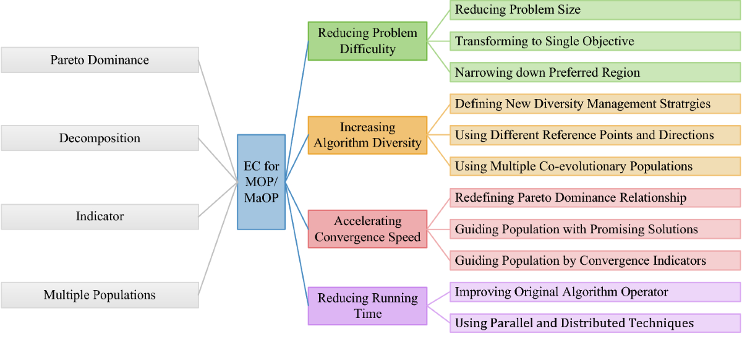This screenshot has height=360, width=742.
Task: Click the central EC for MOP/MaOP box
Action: point(261,182)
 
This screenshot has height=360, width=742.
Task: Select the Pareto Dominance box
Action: point(100,60)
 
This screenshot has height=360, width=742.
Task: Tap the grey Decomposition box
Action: point(100,138)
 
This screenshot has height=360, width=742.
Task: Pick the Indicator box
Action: point(100,216)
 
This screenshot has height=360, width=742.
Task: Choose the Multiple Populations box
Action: point(100,295)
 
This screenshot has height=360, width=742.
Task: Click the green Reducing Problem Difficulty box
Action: point(367,41)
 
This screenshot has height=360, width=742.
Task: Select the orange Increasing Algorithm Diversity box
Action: point(367,135)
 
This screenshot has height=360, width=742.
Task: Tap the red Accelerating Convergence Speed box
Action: point(367,229)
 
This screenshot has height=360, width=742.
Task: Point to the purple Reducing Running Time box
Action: point(367,306)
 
